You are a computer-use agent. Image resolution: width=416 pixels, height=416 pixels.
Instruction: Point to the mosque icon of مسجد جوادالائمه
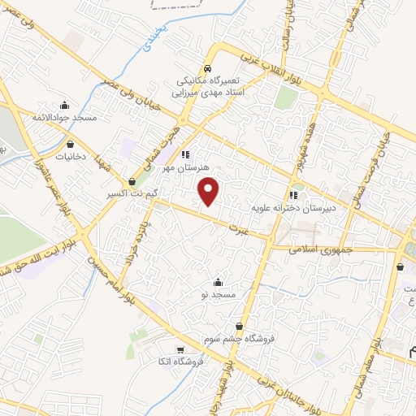[x=65, y=105]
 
